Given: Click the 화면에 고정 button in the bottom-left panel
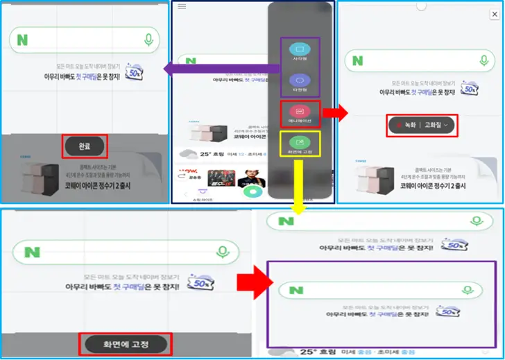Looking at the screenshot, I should pyautogui.click(x=126, y=343).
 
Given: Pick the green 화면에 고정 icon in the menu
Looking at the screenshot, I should pyautogui.click(x=300, y=142).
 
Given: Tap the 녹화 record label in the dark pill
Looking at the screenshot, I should pyautogui.click(x=406, y=125).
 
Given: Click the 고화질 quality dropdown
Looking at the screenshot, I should pyautogui.click(x=438, y=125).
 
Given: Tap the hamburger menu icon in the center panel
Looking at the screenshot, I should pyautogui.click(x=182, y=6).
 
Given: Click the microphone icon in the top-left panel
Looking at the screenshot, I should pyautogui.click(x=148, y=40).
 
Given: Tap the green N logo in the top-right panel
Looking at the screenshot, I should pyautogui.click(x=357, y=61).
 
